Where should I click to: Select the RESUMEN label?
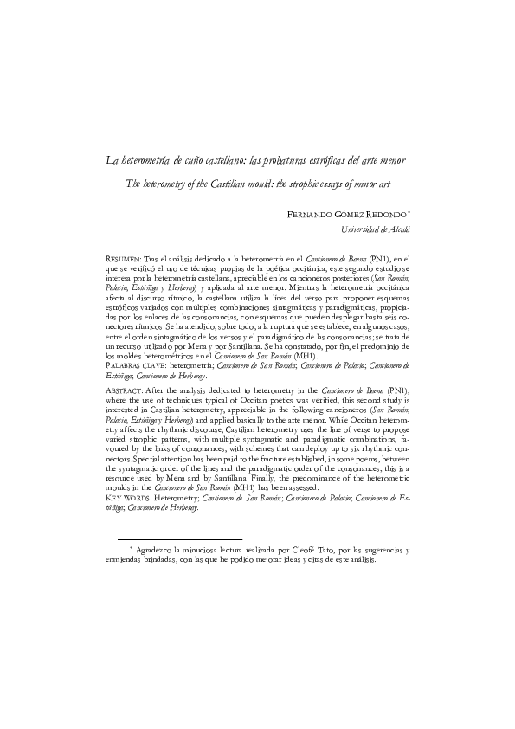pyautogui.click(x=121, y=258)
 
